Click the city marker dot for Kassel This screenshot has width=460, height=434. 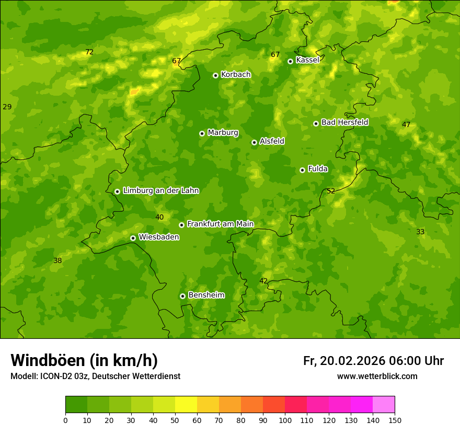point(290,61)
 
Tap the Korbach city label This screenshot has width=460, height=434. point(236,74)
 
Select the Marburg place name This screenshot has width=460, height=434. point(223,132)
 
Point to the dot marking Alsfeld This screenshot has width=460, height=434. point(254,142)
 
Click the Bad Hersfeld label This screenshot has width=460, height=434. point(344,122)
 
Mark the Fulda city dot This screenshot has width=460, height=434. point(302,170)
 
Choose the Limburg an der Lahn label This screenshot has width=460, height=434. point(160,190)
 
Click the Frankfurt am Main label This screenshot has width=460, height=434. point(220,224)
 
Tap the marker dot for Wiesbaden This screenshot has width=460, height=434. point(133,238)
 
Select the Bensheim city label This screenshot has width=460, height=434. point(206,295)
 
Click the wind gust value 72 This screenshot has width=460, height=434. point(89,52)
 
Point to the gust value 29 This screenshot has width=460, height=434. point(7,107)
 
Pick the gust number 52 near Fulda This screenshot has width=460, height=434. point(330,191)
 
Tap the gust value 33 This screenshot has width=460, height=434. point(420,232)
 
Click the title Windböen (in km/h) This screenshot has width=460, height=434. point(84,360)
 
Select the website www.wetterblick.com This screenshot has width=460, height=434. point(377,376)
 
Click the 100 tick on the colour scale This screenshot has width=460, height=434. point(285,420)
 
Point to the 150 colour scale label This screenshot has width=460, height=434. point(395,420)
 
